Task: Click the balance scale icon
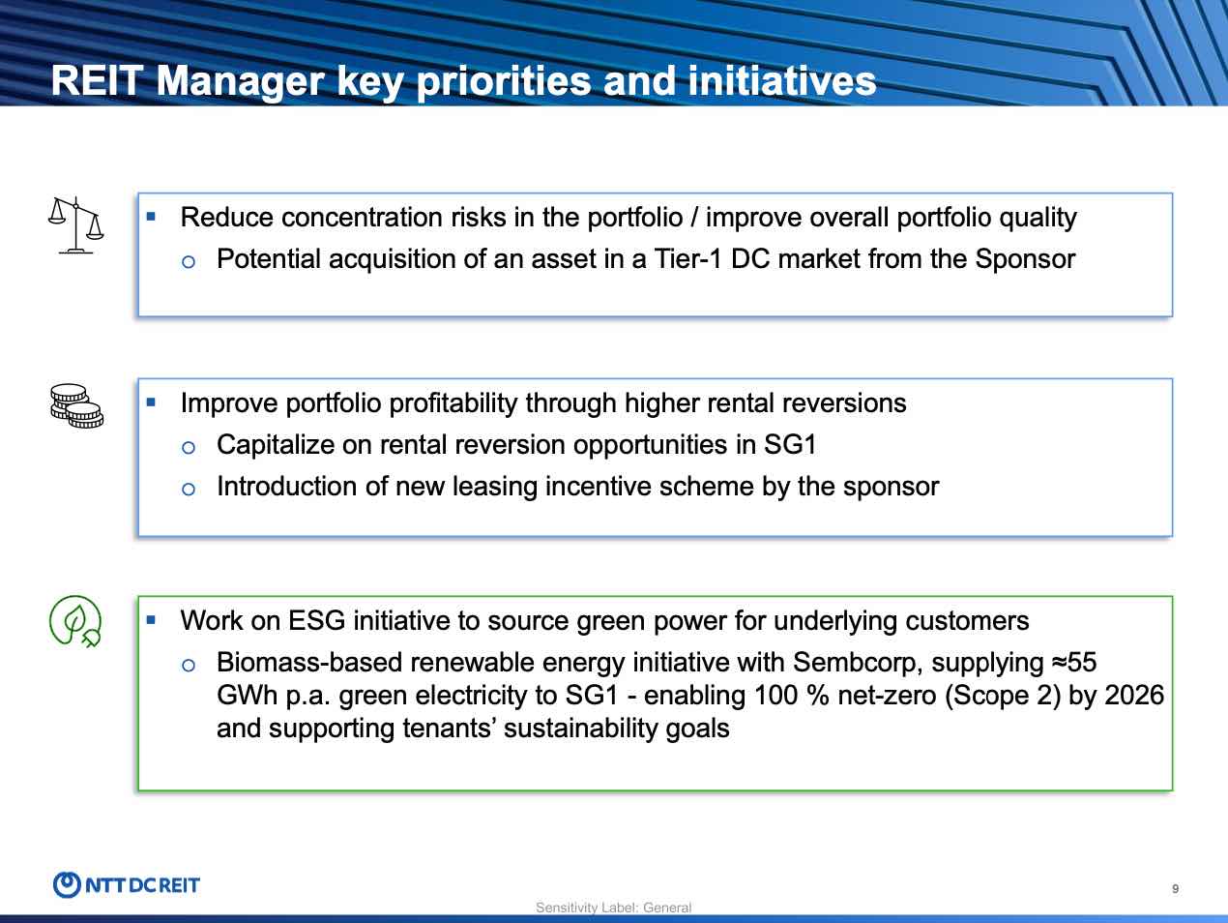[75, 224]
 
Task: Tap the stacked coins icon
[75, 405]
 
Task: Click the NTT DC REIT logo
[127, 884]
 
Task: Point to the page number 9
[1175, 889]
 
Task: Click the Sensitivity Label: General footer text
[614, 908]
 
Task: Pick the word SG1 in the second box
[790, 445]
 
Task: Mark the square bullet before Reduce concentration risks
[151, 216]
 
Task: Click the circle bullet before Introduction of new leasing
[189, 489]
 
